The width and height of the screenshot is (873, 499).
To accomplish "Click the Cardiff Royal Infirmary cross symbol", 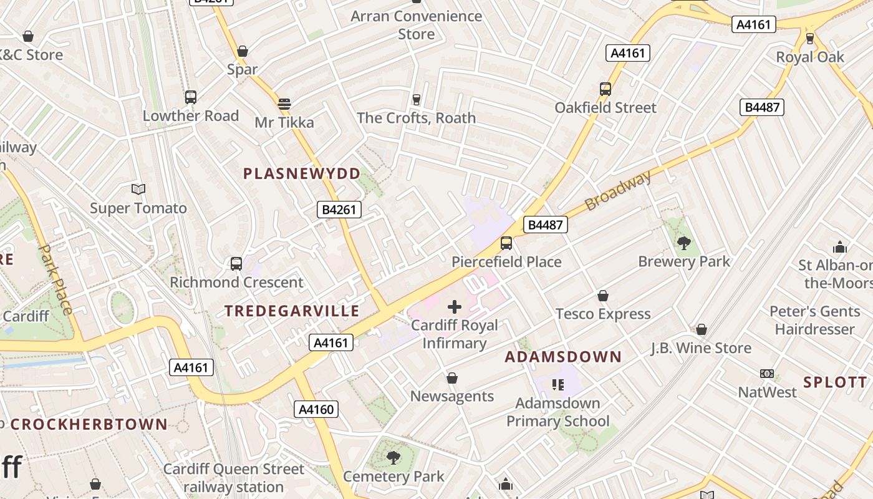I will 455,306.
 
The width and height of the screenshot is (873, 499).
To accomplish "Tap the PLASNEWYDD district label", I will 302,173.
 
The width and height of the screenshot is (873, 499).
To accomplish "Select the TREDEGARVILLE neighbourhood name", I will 292,311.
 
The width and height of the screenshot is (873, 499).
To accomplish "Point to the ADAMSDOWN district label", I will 563,357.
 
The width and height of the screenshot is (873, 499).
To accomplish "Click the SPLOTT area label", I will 835,382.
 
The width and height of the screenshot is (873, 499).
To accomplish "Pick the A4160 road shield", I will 316,409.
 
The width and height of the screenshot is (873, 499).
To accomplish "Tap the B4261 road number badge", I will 340,210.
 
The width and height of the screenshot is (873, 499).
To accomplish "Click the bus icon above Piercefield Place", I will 506,243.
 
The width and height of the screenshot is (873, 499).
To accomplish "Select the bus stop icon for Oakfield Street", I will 605,89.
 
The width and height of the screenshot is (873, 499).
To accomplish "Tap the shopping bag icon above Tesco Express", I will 603,295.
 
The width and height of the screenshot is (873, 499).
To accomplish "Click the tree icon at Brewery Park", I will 683,243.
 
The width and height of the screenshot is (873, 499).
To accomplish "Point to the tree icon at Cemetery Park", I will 393,458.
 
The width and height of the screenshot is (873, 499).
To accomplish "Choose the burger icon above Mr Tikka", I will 284,104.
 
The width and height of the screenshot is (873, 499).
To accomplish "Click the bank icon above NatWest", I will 767,374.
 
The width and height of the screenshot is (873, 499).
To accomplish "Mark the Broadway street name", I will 618,190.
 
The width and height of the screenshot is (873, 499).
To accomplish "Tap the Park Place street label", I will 55,279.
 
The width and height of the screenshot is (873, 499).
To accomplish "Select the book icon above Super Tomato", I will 138,189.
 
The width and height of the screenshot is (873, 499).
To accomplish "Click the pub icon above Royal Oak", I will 810,39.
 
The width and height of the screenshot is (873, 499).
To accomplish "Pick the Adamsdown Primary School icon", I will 557,384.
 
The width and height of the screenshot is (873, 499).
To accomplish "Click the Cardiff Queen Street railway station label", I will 234,477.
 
